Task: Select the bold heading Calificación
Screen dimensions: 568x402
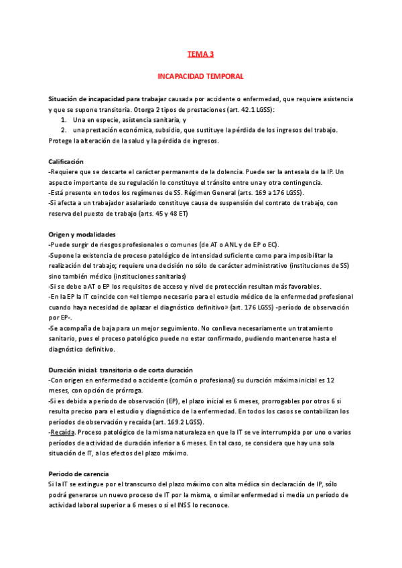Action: point(66,161)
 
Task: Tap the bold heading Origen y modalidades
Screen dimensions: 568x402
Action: point(82,234)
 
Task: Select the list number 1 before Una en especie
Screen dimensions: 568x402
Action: point(63,119)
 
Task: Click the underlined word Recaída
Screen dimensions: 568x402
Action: point(62,433)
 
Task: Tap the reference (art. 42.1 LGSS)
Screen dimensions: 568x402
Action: point(249,109)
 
